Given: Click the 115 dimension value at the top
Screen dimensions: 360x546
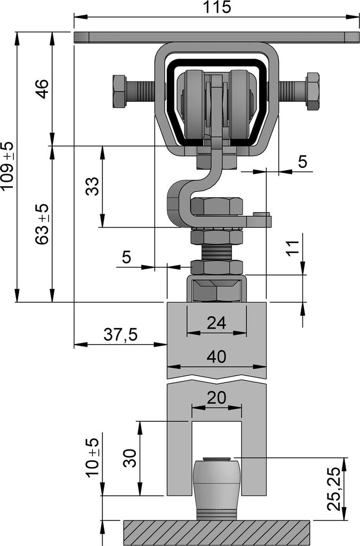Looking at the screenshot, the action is point(217,7).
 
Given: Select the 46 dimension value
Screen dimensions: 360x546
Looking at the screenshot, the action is point(43,89).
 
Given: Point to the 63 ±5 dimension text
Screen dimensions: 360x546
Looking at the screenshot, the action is point(43,224).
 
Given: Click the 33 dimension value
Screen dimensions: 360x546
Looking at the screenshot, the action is point(92,186).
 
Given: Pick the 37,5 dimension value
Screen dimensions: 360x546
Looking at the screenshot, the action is point(121,335).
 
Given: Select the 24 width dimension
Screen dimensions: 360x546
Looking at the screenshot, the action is point(217,323).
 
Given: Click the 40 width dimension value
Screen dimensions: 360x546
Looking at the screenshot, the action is point(217,357).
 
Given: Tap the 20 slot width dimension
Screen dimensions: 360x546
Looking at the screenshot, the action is point(217,398).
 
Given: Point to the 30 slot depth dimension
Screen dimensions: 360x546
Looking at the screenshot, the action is point(130,458).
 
